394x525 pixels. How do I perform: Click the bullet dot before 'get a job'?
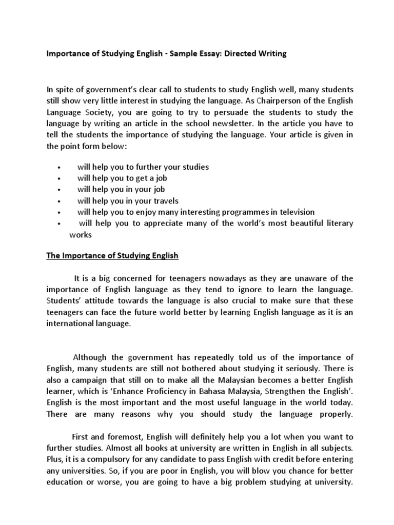pos(60,178)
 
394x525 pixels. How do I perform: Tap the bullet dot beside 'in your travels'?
pos(60,201)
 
